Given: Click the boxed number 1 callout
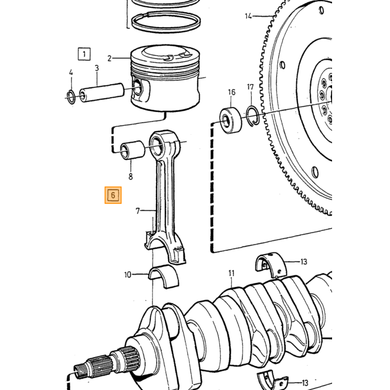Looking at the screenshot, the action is (84, 54).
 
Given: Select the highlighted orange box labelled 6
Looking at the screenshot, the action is (113, 195).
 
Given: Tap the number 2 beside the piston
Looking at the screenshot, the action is (110, 58).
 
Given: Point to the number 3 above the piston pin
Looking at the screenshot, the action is (97, 68).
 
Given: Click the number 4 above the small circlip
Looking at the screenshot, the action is (71, 72).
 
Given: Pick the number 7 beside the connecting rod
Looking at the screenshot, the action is (138, 211).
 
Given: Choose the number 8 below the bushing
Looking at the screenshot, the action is (130, 177).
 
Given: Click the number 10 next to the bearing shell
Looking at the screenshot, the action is (128, 275).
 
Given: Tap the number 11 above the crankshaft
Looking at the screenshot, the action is (231, 274).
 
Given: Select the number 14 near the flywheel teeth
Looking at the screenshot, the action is (248, 16).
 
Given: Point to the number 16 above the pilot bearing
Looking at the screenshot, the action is (232, 92).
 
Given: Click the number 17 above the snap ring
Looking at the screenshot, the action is (250, 87).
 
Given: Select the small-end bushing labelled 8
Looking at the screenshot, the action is (132, 150).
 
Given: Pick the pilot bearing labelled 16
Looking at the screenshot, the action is (231, 120).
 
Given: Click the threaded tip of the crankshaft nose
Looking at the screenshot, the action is (80, 370).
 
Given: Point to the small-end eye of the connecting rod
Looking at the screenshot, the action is (160, 144).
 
